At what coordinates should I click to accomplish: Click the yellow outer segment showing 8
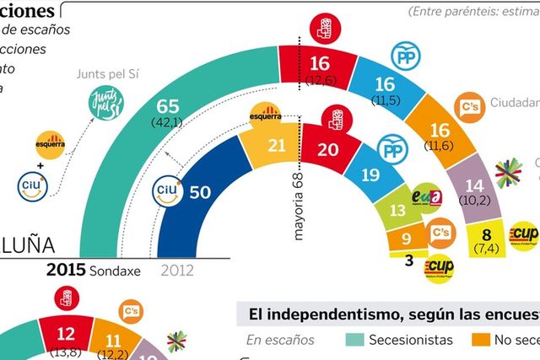(x=487, y=234)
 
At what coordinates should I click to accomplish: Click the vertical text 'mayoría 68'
(x=298, y=208)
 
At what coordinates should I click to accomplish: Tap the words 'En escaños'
(x=280, y=340)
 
